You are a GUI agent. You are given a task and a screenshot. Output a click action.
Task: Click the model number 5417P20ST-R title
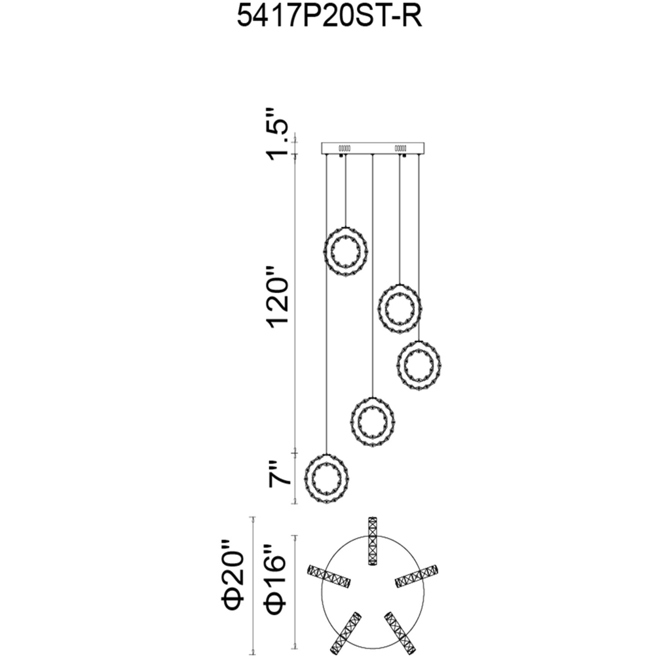tap(329, 17)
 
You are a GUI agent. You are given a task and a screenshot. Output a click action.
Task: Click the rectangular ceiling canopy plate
tap(373, 148)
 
